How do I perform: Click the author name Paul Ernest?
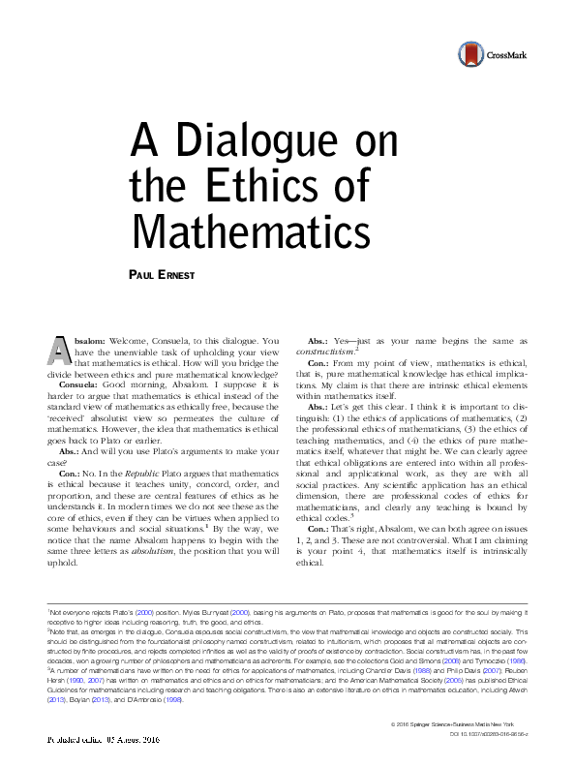point(162,276)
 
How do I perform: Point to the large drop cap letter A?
point(60,352)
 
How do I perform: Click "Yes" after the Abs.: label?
point(345,341)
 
